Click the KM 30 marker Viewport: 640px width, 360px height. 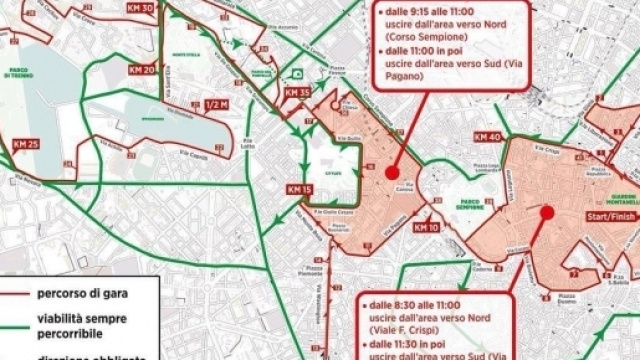coord(142,9)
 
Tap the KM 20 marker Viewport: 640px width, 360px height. coord(142,71)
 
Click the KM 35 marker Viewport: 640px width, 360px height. coord(298,93)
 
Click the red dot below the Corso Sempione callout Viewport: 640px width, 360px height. coord(392,173)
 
